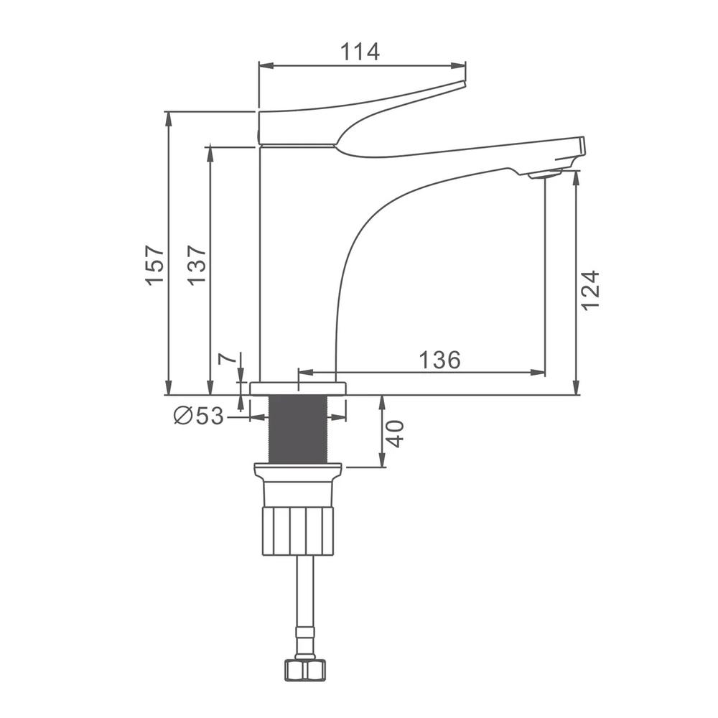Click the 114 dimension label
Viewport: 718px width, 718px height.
[360, 52]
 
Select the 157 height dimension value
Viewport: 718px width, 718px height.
[155, 266]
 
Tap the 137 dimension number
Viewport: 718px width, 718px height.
[197, 266]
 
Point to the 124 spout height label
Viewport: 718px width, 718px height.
[590, 291]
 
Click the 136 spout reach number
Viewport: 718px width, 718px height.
[439, 360]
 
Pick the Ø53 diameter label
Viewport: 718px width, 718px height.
[199, 416]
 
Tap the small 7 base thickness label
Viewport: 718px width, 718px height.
[227, 358]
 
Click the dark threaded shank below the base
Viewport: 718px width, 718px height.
[298, 429]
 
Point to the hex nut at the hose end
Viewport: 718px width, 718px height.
[305, 671]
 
